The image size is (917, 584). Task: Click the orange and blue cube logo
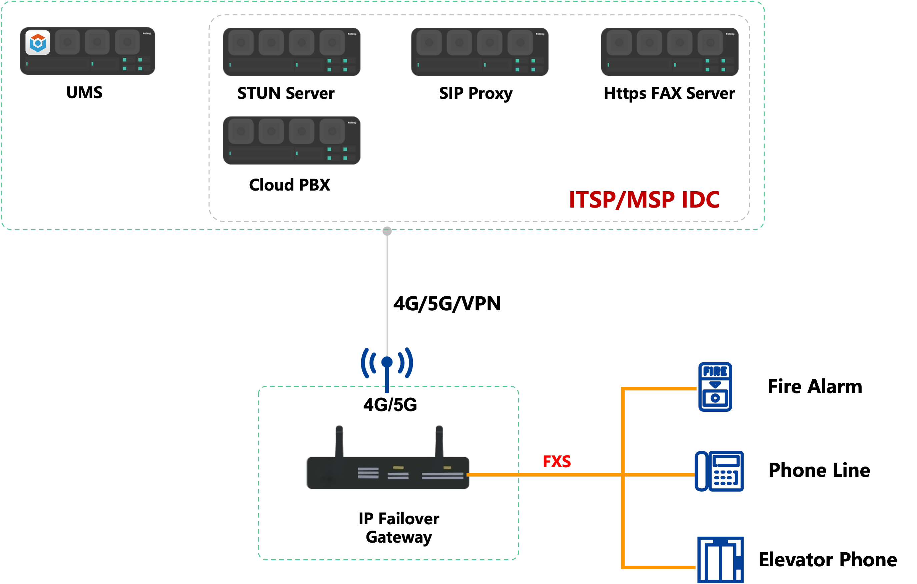38,42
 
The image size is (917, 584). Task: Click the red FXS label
557,461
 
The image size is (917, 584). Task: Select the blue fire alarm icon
715,386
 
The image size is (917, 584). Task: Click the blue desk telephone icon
719,471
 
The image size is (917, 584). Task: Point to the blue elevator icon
720,560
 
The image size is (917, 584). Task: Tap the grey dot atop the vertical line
387,231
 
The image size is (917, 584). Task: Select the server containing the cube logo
88,51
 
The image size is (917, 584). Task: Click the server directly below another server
292,141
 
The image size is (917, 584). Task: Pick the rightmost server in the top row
670,52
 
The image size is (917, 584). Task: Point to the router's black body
388,473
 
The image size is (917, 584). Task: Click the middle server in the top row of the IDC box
480,52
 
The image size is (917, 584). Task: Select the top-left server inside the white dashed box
292,52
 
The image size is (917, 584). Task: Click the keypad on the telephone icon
723,478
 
